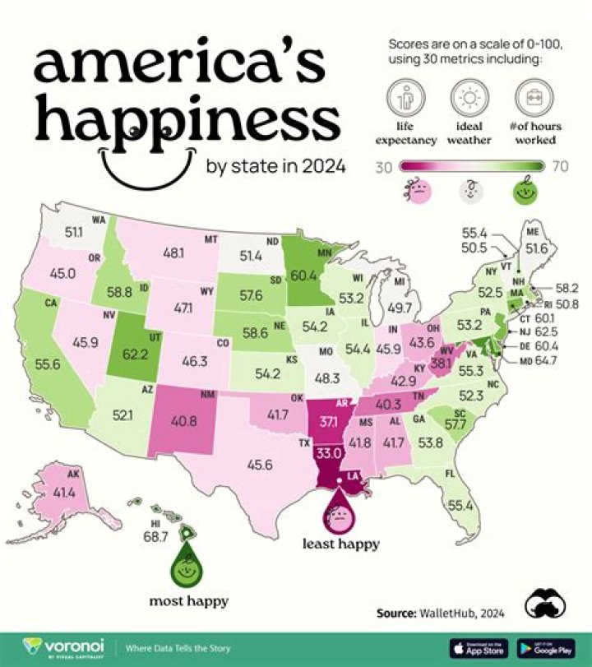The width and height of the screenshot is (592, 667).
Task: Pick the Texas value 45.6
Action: pyautogui.click(x=260, y=465)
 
